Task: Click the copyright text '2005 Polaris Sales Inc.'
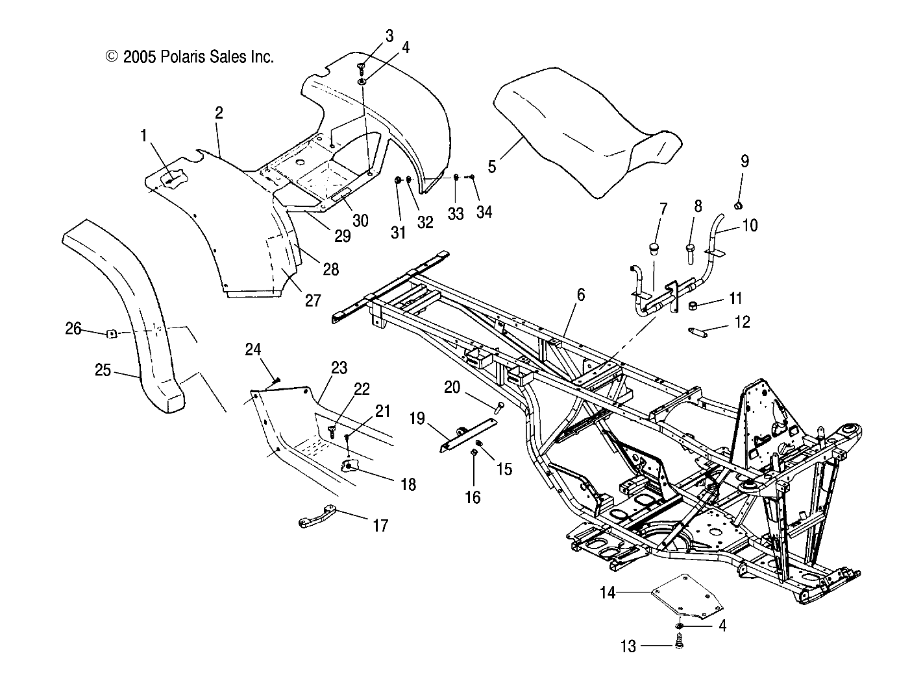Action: coord(190,57)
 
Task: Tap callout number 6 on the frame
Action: coord(580,296)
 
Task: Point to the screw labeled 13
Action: coord(680,644)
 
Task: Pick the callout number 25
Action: coord(103,371)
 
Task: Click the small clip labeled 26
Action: coord(111,334)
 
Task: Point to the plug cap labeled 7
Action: coord(655,250)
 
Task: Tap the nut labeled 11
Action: coord(694,305)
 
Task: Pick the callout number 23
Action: coord(339,368)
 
